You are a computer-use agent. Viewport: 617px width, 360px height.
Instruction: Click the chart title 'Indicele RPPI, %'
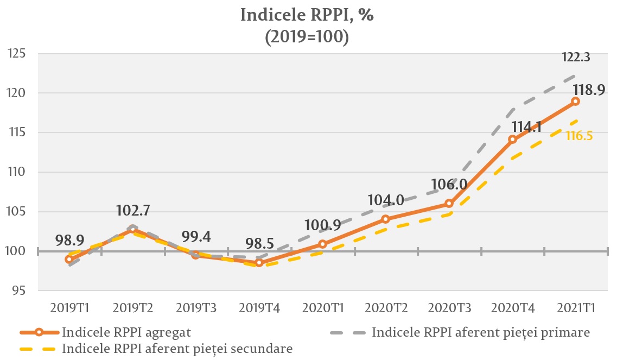307,15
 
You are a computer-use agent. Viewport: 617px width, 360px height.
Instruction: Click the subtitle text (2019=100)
307,37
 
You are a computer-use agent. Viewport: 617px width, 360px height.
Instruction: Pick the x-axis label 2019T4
259,308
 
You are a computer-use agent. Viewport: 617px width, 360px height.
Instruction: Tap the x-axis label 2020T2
386,308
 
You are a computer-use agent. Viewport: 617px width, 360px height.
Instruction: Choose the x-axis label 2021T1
576,308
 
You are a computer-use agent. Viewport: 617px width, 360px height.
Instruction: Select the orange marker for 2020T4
512,139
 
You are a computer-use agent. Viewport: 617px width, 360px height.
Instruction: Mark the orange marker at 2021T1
575,101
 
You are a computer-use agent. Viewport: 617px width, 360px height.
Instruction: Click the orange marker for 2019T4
259,263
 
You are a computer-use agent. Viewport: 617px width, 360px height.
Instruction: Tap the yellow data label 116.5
578,136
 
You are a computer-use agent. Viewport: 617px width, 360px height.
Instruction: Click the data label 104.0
385,200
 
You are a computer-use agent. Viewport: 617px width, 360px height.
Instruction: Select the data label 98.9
69,241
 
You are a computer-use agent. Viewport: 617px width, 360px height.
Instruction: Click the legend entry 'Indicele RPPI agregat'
126,332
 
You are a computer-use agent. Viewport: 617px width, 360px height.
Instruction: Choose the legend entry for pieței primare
480,332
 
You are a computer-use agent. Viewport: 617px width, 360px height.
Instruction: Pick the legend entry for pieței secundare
177,348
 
